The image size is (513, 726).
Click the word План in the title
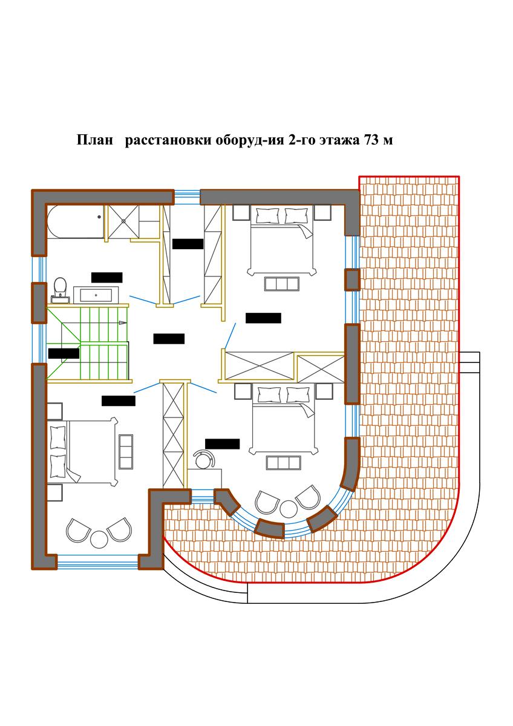pos(94,140)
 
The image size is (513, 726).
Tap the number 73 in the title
pos(371,140)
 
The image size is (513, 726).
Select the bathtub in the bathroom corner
pos(75,221)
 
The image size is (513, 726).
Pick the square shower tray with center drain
pos(123,221)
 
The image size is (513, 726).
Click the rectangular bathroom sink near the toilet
pos(96,295)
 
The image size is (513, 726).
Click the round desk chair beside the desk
pos(203,459)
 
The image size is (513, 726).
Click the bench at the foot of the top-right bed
pos(282,284)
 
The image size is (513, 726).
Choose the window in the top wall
pos(187,197)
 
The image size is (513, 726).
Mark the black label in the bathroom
pos(107,278)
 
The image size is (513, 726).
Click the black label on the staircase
pos(64,353)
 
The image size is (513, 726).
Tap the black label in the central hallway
pos(169,339)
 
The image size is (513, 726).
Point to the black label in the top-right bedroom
pos(263,318)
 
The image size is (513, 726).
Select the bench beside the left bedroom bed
pos(126,451)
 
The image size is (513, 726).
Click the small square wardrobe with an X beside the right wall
pos(321,369)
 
